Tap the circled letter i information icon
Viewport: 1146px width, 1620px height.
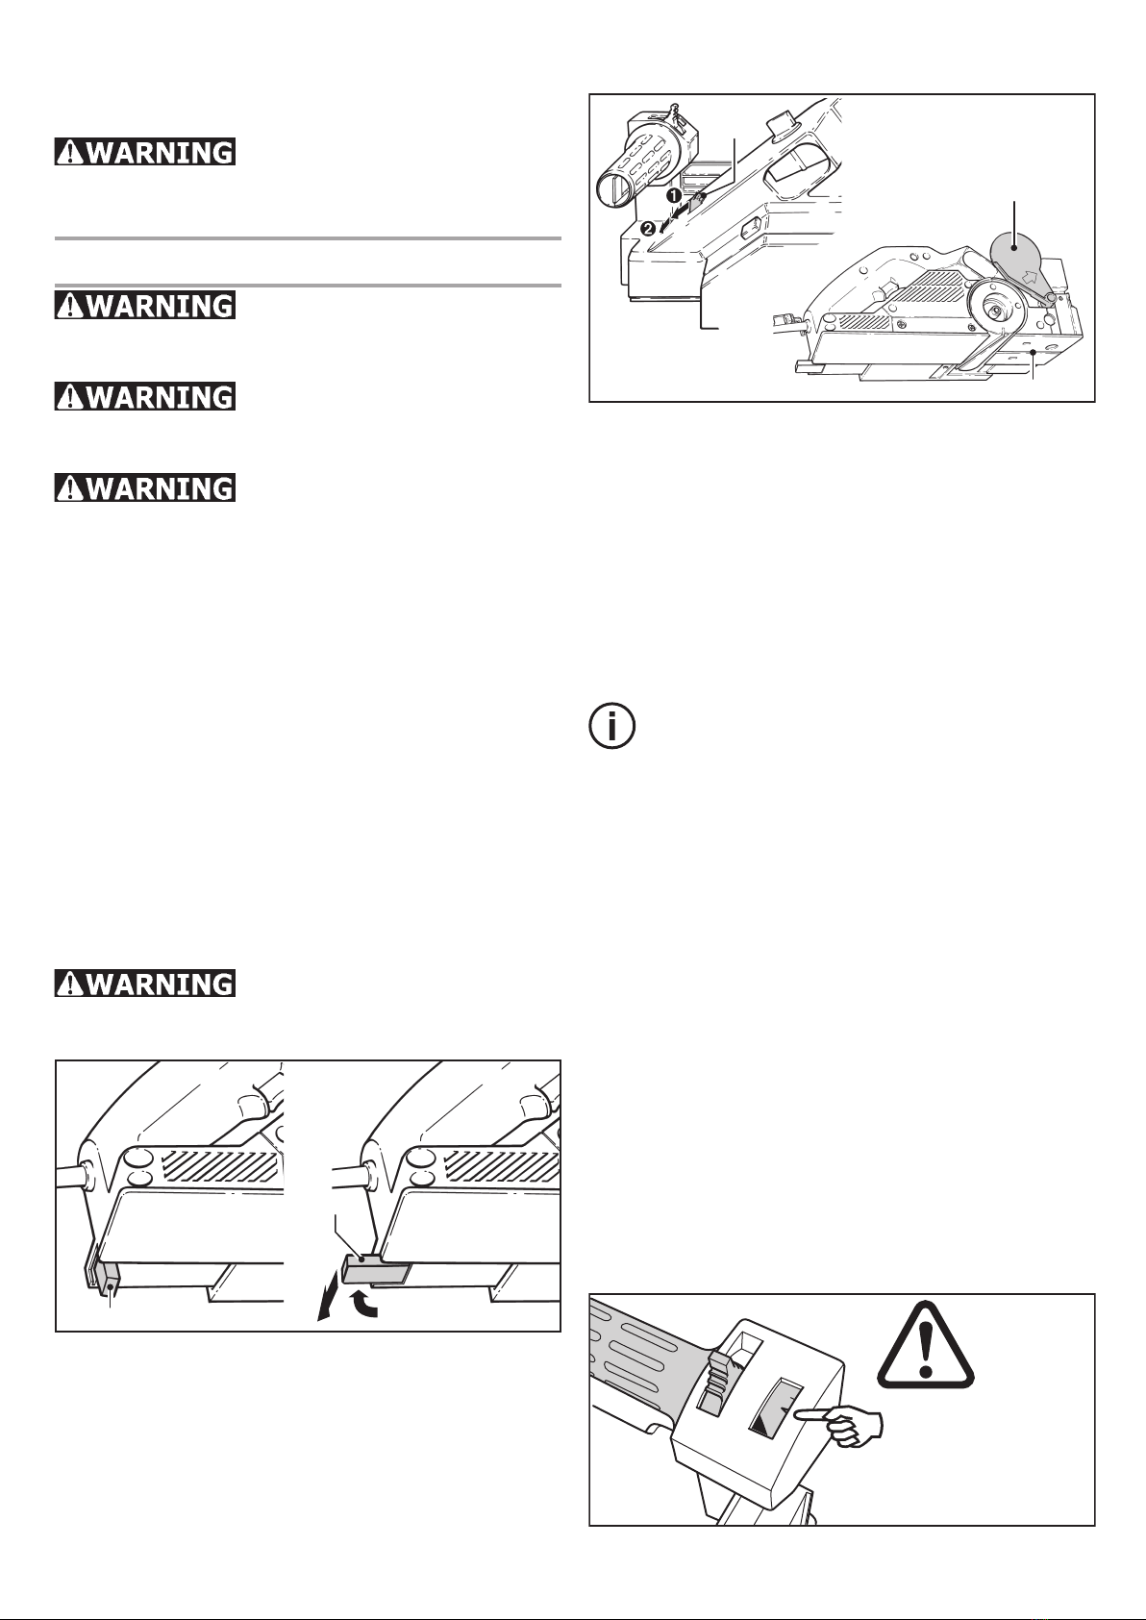(x=610, y=727)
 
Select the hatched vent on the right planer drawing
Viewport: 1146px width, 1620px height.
(x=500, y=1165)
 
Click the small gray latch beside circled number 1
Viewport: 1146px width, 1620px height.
(x=699, y=198)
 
